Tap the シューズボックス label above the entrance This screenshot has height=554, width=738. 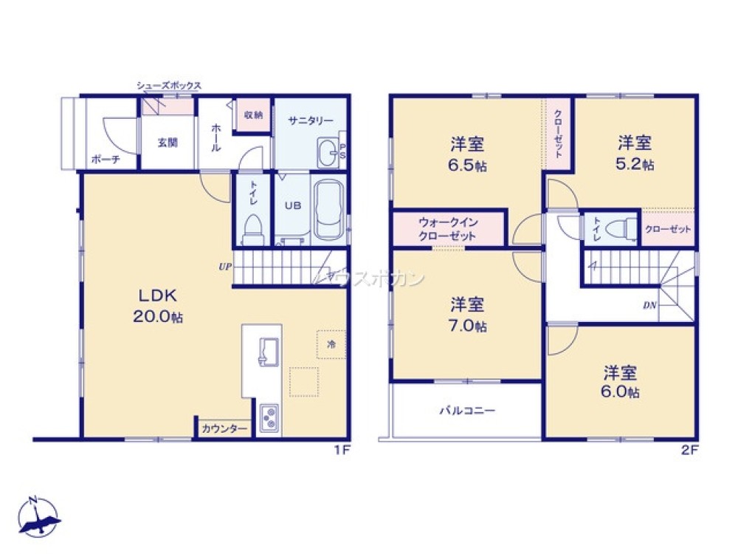[168, 86]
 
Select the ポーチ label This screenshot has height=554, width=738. [104, 159]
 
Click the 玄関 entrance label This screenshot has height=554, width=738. [168, 143]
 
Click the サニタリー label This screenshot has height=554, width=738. [311, 120]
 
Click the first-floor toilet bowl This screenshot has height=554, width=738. [252, 228]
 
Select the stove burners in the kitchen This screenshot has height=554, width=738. [269, 418]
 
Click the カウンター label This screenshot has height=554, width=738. [224, 428]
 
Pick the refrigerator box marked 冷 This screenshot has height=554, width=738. [331, 343]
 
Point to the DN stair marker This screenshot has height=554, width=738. [649, 304]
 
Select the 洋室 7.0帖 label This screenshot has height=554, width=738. [468, 314]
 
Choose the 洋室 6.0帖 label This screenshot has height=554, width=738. [621, 381]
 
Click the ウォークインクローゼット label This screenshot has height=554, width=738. [447, 229]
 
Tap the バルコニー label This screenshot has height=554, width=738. [467, 411]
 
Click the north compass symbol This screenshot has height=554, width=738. [38, 516]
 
